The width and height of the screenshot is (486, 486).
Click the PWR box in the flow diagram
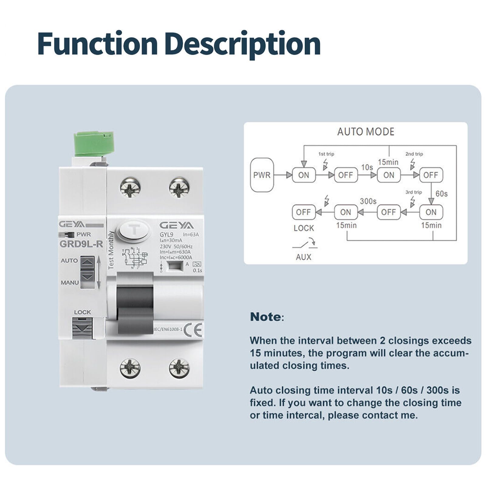pyautogui.click(x=262, y=175)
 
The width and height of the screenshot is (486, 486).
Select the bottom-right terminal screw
pyautogui.click(x=179, y=368)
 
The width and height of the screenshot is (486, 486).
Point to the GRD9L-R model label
pyautogui.click(x=81, y=244)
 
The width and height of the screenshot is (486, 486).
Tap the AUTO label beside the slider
pyautogui.click(x=69, y=261)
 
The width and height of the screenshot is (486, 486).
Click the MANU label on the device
pyautogui.click(x=70, y=282)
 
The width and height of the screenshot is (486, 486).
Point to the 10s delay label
pyautogui.click(x=367, y=167)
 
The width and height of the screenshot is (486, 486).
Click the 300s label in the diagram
pyautogui.click(x=368, y=201)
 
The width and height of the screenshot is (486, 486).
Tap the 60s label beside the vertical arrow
pyautogui.click(x=441, y=194)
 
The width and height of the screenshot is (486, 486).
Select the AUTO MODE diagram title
pyautogui.click(x=366, y=132)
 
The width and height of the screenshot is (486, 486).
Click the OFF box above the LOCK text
pyautogui.click(x=303, y=212)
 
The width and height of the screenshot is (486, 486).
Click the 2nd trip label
pyautogui.click(x=414, y=154)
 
